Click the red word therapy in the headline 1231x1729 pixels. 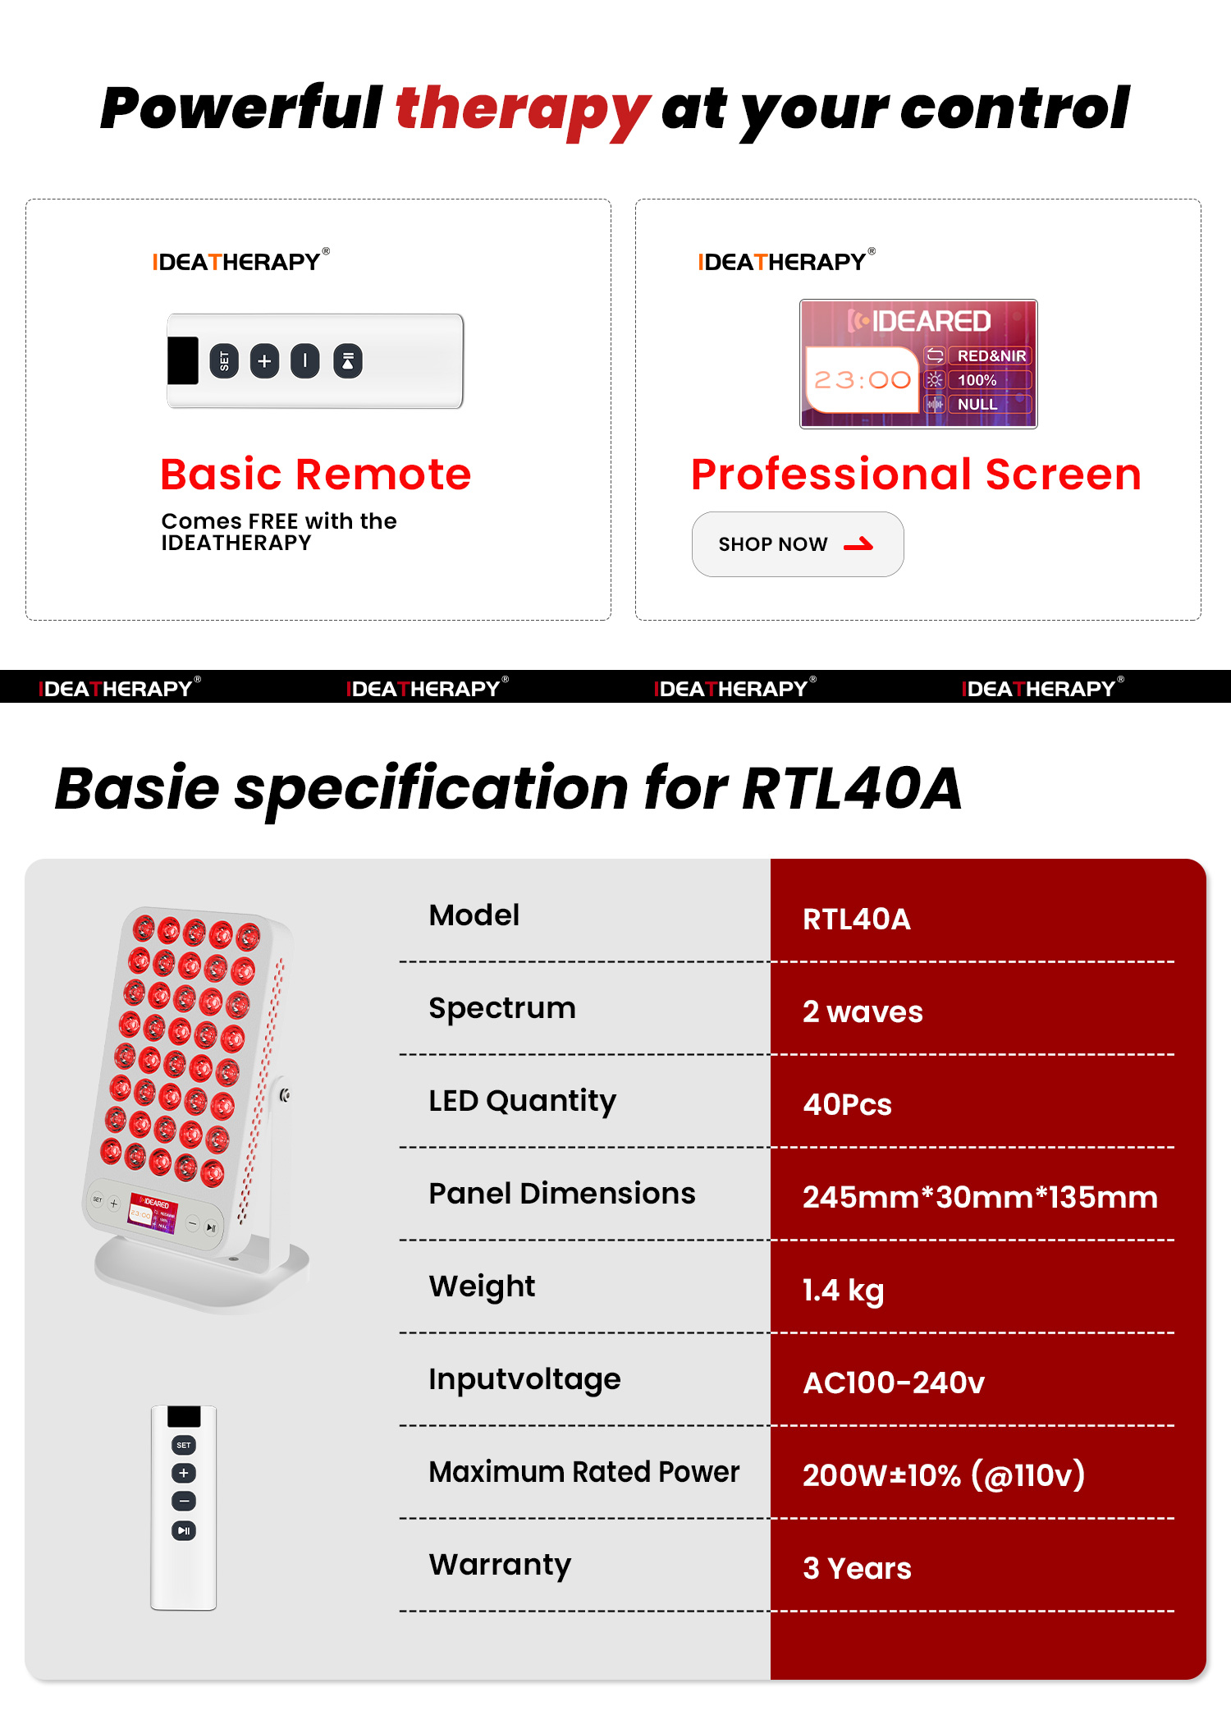click(522, 109)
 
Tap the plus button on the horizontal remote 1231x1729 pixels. click(264, 361)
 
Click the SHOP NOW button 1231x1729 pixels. click(797, 544)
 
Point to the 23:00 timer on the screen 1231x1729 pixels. click(862, 379)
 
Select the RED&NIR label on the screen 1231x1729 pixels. click(991, 356)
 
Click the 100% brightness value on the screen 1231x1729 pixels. click(977, 380)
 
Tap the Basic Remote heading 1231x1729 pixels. click(316, 475)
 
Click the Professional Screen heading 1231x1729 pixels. click(916, 475)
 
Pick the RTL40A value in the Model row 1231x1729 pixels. click(856, 920)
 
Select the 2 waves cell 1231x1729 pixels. click(862, 1012)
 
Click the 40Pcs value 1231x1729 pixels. click(847, 1105)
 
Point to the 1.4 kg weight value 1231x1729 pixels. click(843, 1291)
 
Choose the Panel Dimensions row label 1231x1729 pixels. click(561, 1194)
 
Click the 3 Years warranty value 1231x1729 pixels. click(857, 1569)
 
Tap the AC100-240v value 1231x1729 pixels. click(893, 1383)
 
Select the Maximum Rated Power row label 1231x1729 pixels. click(583, 1472)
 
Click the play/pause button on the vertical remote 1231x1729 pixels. click(184, 1530)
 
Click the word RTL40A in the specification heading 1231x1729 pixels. click(851, 789)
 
